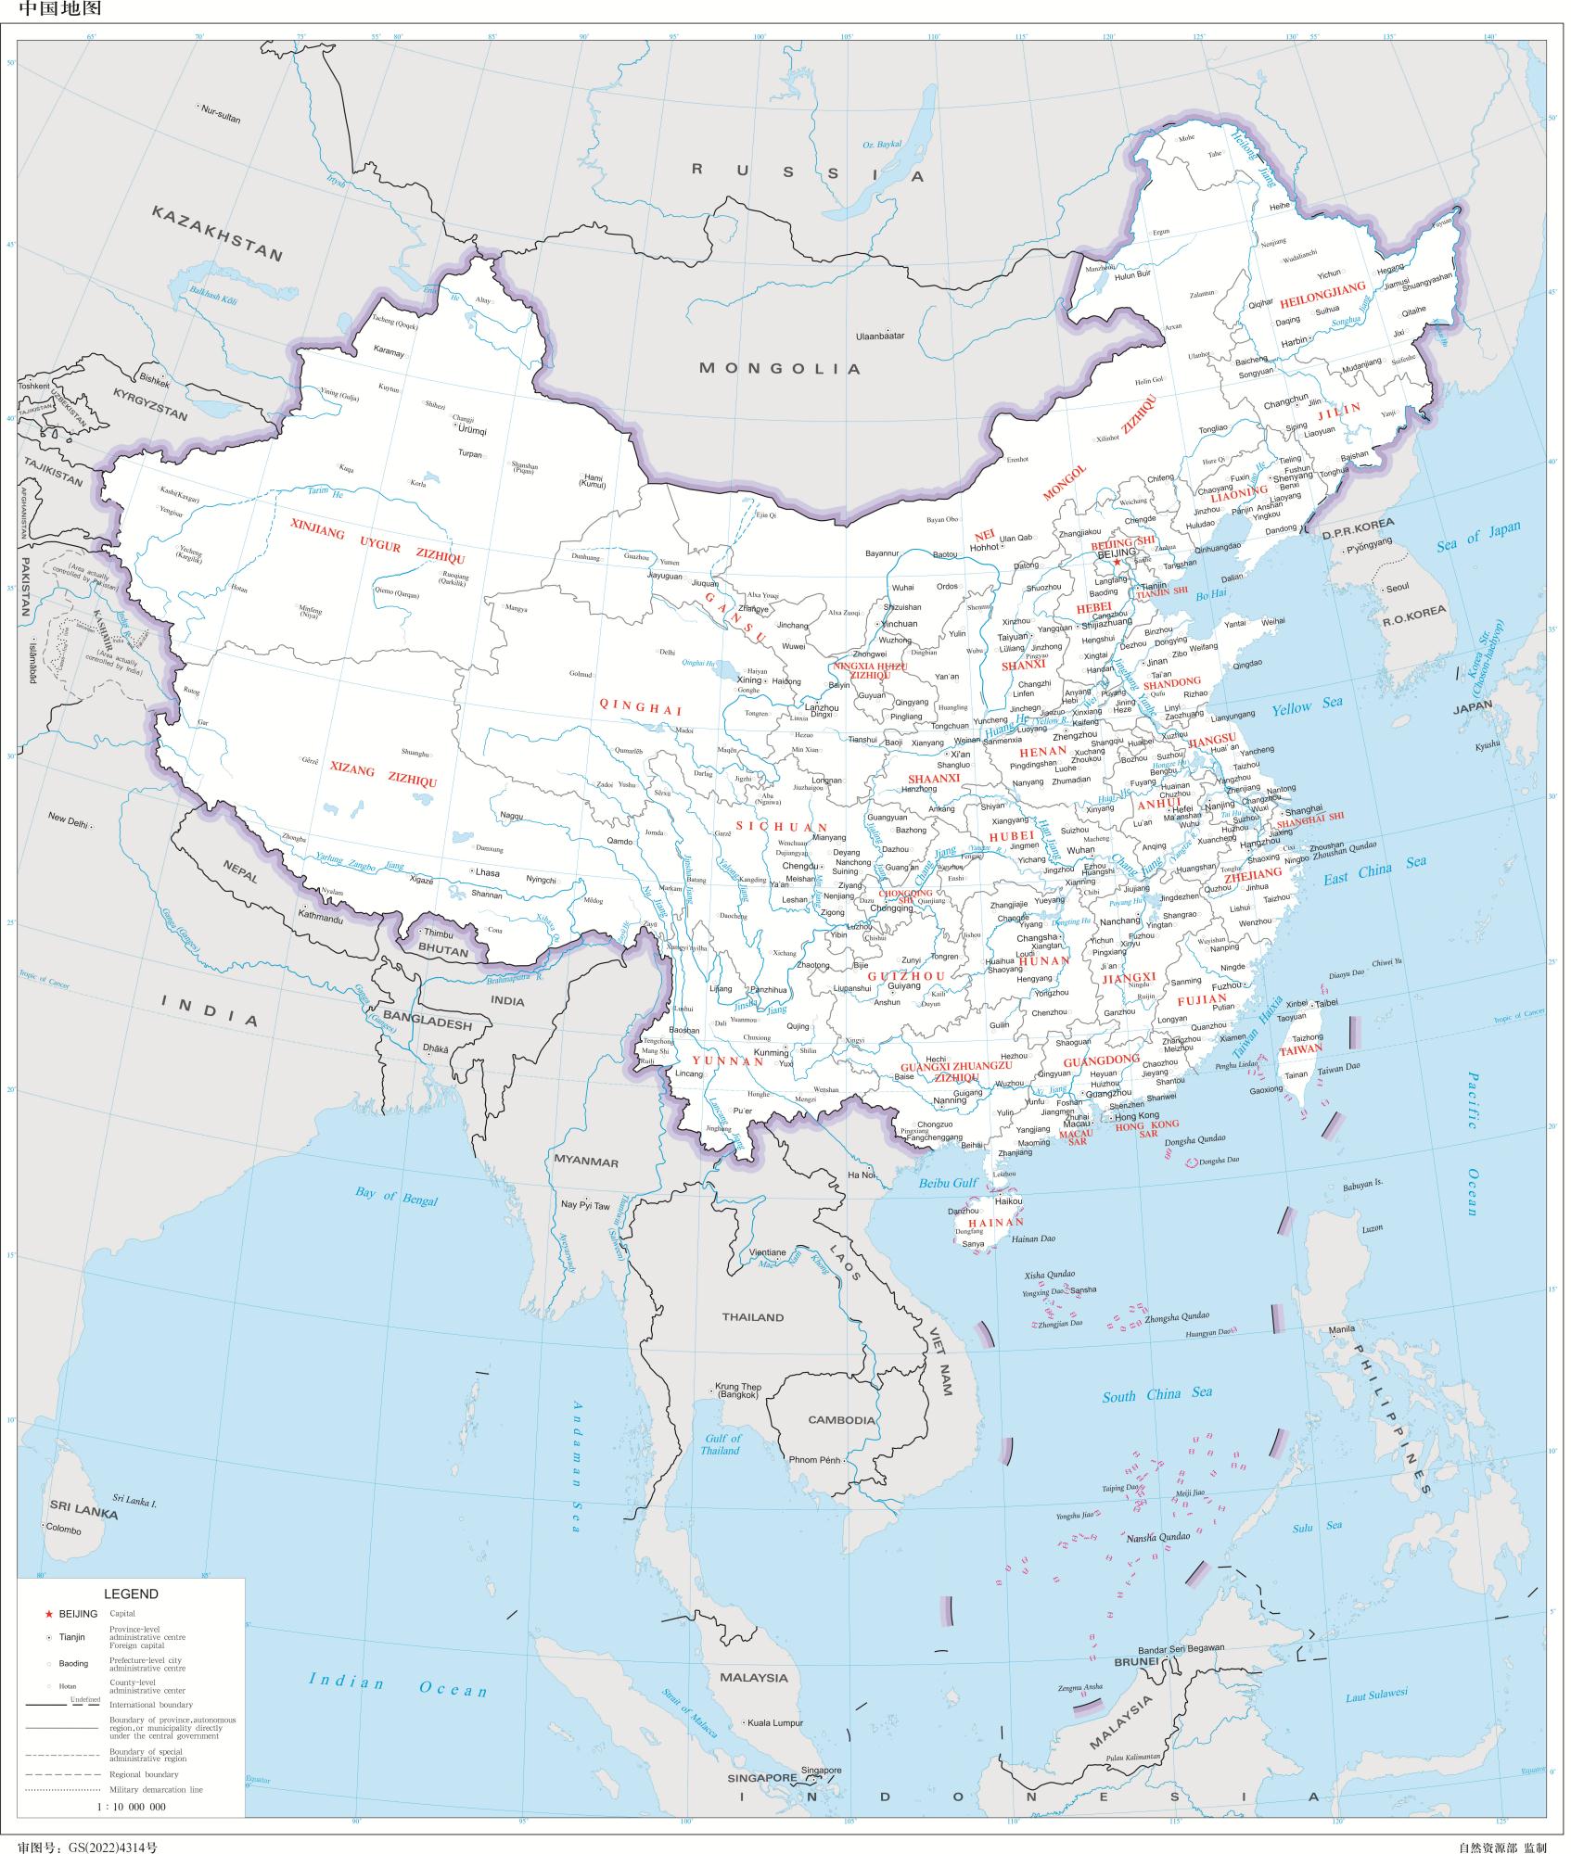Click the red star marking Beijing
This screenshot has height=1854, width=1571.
click(x=1117, y=562)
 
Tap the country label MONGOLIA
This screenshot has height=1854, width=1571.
click(x=780, y=368)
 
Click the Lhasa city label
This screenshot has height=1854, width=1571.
click(x=487, y=872)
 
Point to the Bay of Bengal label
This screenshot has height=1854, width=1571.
click(x=396, y=1195)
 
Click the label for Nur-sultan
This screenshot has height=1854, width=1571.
click(x=220, y=108)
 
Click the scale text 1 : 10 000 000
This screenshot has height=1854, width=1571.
click(x=132, y=1806)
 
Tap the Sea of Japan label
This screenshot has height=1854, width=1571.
click(x=1478, y=537)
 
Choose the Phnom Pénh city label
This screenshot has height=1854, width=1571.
click(x=813, y=1459)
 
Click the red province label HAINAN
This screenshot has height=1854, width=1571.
click(x=995, y=1222)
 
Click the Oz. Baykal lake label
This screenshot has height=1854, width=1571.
click(x=882, y=145)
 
